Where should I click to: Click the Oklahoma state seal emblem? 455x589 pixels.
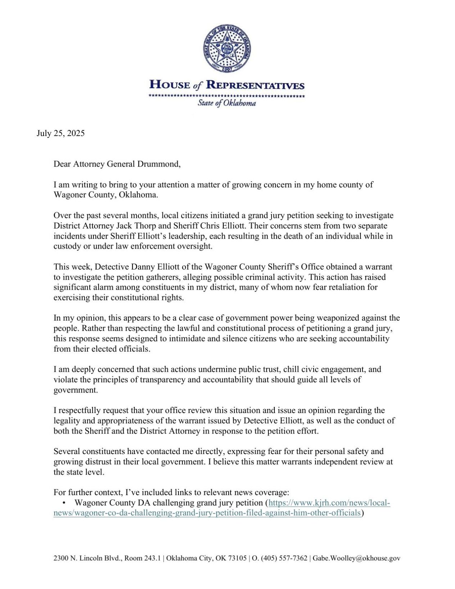point(227,49)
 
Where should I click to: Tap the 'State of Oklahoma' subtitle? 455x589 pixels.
point(227,103)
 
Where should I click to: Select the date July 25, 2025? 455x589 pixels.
point(60,133)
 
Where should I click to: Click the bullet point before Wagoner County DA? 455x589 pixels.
point(64,503)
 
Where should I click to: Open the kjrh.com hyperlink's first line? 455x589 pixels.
point(329,503)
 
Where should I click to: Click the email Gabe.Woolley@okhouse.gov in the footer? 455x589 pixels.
point(356,558)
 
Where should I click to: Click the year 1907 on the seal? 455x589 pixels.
point(227,69)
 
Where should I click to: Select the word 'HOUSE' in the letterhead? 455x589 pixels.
point(170,85)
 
